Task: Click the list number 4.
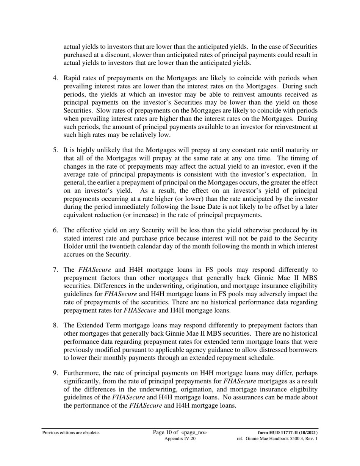pos(55,78)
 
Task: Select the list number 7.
pos(55,270)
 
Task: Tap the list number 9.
pos(55,374)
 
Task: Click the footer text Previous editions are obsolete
pos(71,433)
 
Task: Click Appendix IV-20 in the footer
pos(180,438)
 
